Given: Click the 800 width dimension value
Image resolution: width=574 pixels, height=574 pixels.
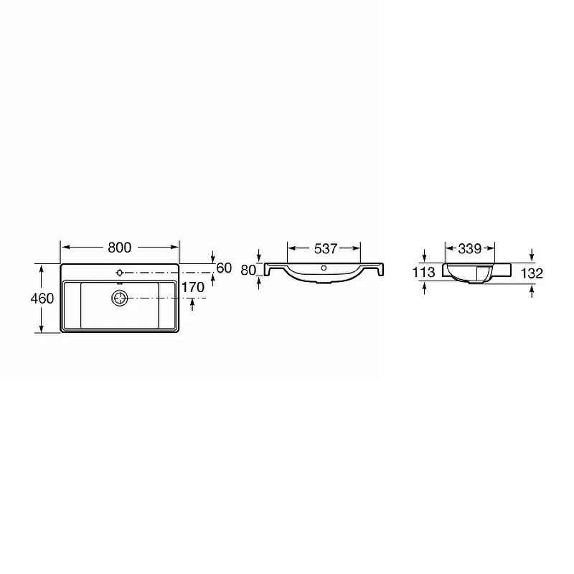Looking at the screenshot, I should point(119,248).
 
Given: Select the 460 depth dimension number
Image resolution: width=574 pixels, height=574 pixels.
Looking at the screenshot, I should point(43,298).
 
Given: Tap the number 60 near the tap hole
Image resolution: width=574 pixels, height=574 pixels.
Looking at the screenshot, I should point(223,268).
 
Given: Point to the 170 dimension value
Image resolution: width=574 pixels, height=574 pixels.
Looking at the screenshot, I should point(194,288).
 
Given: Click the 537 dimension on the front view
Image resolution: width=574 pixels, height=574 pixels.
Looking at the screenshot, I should point(324,248).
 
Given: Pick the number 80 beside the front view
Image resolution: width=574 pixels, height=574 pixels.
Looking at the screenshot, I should point(248,270).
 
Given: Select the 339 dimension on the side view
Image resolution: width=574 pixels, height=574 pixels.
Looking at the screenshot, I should point(469,248).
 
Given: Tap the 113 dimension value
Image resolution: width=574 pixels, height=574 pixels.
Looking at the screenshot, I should point(425,273).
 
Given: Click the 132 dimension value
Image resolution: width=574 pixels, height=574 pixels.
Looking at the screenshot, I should point(532,273).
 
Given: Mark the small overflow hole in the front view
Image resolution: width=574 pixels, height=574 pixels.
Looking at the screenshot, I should point(324,269).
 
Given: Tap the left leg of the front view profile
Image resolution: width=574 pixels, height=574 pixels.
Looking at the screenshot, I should point(268,270).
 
